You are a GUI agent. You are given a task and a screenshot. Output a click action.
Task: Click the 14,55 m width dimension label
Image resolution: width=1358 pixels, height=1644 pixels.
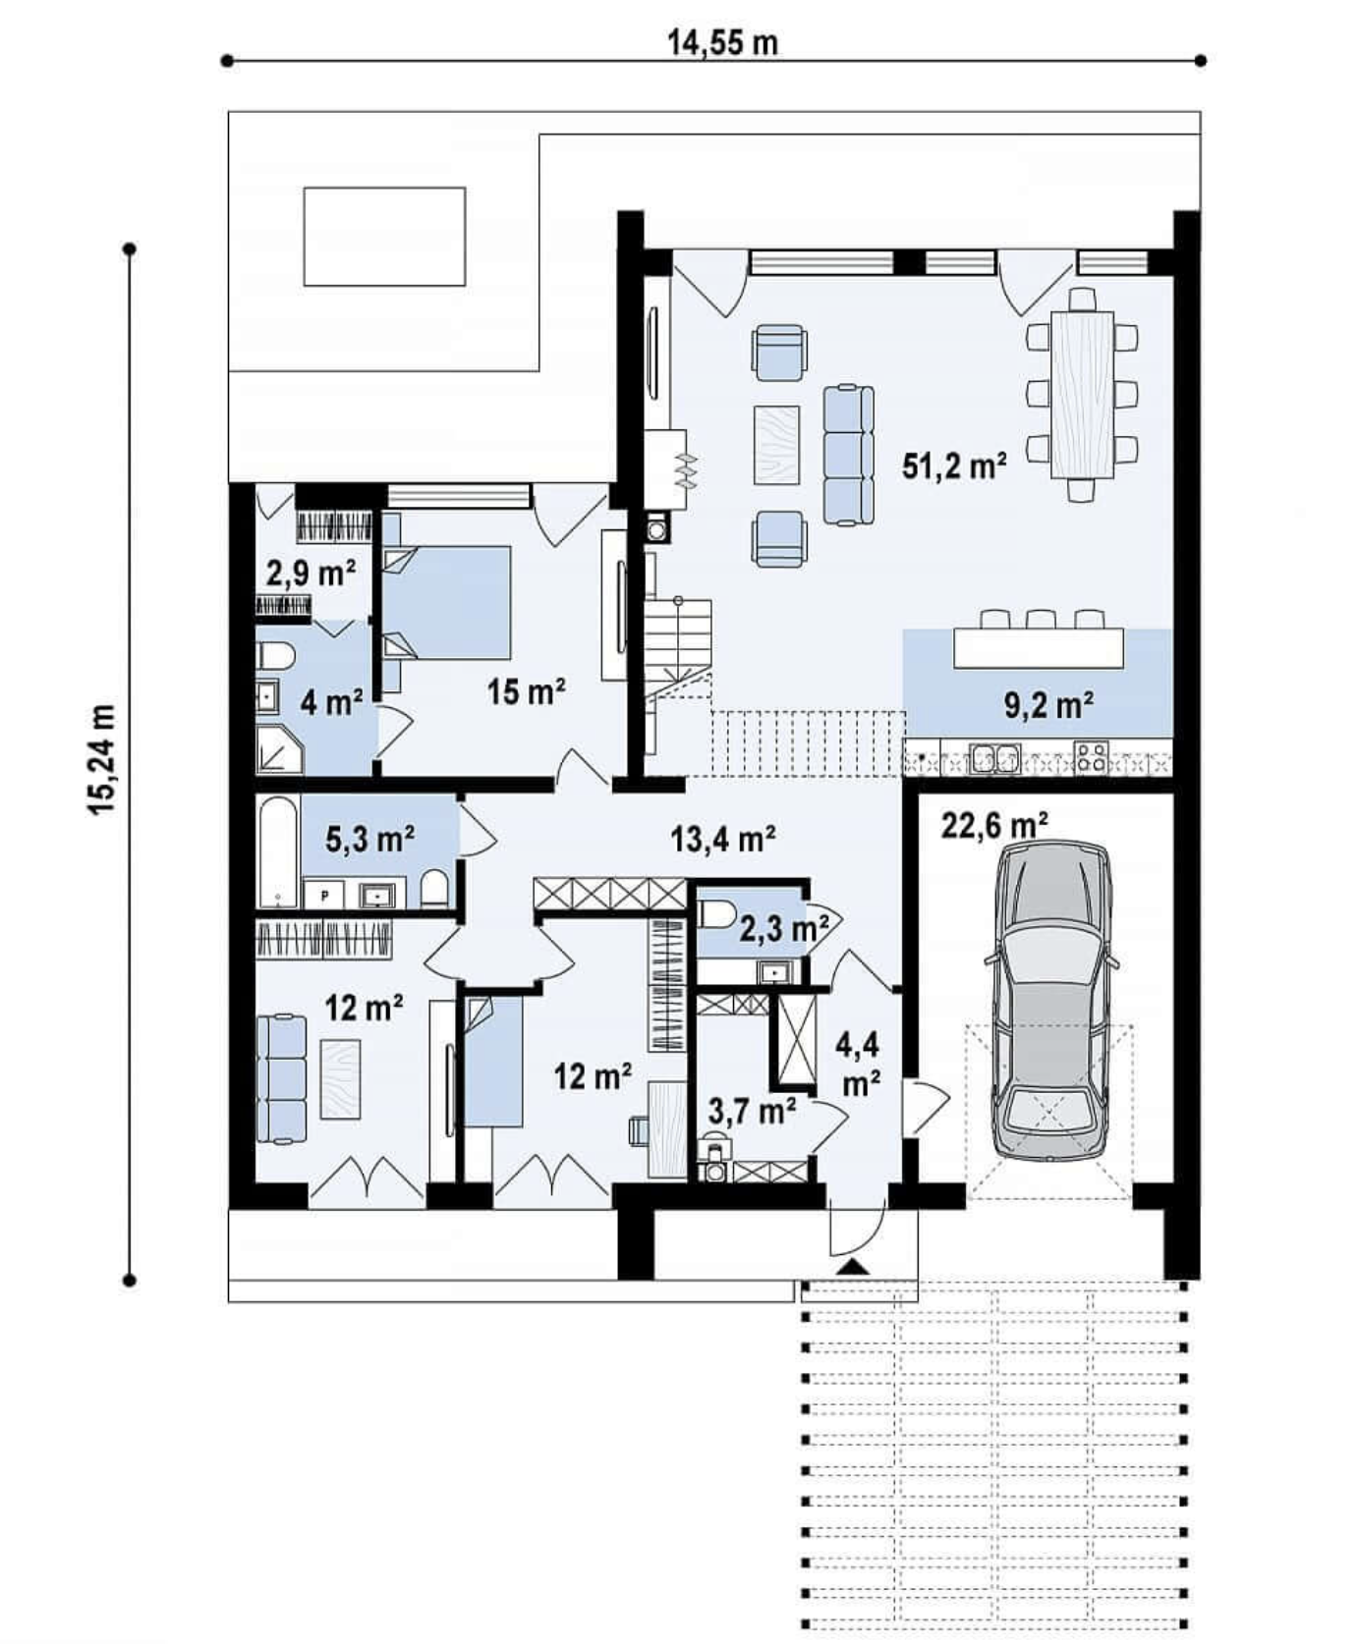click(x=722, y=42)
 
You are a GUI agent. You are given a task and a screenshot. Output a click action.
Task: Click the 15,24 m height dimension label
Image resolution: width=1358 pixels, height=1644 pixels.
click(x=102, y=758)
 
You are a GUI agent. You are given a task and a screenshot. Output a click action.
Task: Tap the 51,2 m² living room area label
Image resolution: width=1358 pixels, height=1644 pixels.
click(x=954, y=465)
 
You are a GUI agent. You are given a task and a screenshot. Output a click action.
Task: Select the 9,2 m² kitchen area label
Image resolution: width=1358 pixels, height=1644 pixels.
click(x=1049, y=704)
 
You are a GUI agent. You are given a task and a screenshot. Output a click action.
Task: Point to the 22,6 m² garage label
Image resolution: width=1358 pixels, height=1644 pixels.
click(x=994, y=825)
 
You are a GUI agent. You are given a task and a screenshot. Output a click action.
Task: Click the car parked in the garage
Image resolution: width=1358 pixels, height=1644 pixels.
click(x=1052, y=1001)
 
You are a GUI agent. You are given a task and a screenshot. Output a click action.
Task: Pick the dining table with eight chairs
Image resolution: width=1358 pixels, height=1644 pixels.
click(x=1082, y=395)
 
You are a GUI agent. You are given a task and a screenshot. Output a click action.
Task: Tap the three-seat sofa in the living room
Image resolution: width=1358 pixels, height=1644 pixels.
click(x=848, y=455)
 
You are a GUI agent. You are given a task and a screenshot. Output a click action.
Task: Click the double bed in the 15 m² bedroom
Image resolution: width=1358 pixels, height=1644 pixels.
click(x=446, y=602)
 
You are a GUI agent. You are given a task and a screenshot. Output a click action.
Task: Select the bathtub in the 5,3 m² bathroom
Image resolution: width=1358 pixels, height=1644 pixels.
click(x=278, y=851)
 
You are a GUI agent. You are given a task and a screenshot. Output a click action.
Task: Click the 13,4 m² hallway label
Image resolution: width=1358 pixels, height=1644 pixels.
click(x=723, y=839)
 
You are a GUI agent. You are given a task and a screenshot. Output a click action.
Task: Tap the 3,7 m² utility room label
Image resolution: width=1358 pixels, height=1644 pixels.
click(x=753, y=1111)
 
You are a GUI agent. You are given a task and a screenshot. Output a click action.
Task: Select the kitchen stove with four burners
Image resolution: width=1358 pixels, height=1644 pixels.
click(x=1091, y=757)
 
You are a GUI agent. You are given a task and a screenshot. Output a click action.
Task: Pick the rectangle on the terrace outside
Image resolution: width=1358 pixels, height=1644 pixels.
click(x=384, y=237)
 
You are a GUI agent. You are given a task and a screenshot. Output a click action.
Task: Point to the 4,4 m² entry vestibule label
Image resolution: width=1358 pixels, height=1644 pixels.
click(x=858, y=1064)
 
